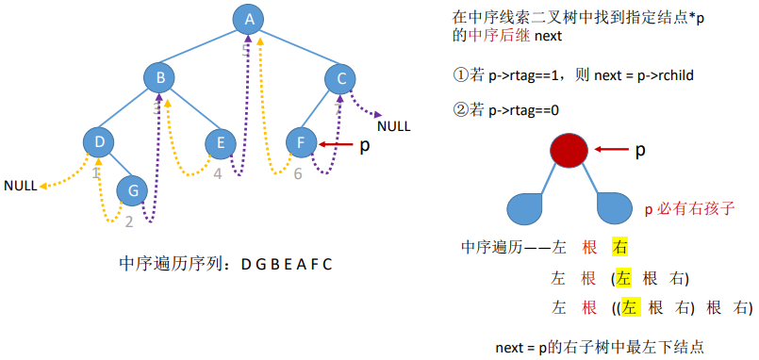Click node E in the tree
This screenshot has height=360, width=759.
221,142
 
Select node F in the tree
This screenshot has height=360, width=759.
301,142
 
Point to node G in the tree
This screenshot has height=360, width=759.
133,191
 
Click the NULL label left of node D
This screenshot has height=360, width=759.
20,186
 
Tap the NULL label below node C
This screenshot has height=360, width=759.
393,124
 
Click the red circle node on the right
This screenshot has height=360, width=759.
569,150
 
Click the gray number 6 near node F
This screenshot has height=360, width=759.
298,173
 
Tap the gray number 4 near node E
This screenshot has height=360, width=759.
218,173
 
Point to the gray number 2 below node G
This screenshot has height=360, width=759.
129,222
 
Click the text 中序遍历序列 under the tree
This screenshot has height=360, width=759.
176,265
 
